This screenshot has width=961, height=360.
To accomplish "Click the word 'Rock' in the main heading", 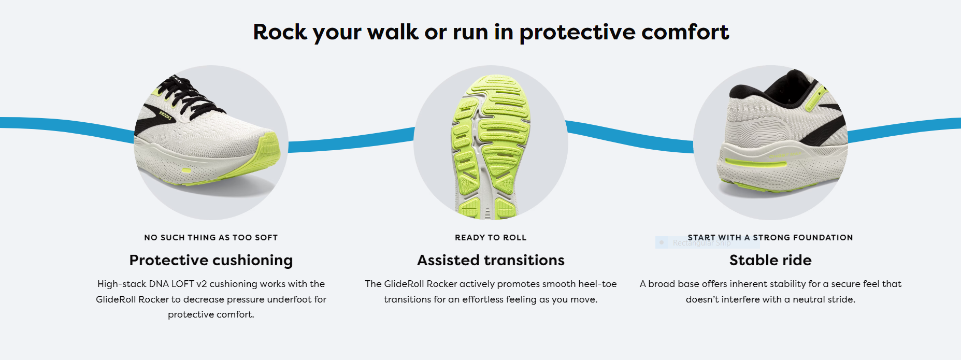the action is [280, 32].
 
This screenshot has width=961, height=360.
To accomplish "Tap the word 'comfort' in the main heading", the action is [685, 32].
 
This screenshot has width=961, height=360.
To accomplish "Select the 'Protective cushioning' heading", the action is [211, 261].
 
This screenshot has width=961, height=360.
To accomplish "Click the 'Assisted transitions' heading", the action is [491, 260].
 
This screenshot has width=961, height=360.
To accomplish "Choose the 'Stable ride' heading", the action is [770, 260].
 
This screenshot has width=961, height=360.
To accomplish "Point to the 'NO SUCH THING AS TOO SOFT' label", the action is [211, 238].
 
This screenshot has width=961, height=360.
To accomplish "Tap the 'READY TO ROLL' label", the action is [491, 238].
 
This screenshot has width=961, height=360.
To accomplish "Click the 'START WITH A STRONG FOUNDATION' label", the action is [770, 238].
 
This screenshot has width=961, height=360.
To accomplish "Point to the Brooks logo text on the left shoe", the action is [165, 116].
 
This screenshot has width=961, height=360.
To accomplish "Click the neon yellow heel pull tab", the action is [815, 98].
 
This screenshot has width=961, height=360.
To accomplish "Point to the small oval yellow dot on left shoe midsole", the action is [187, 170].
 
